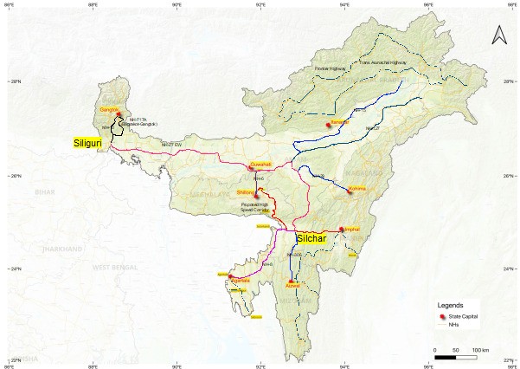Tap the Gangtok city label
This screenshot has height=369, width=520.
tap(108, 110)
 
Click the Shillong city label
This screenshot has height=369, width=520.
tap(245, 192)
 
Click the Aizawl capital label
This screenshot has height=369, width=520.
tap(293, 284)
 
